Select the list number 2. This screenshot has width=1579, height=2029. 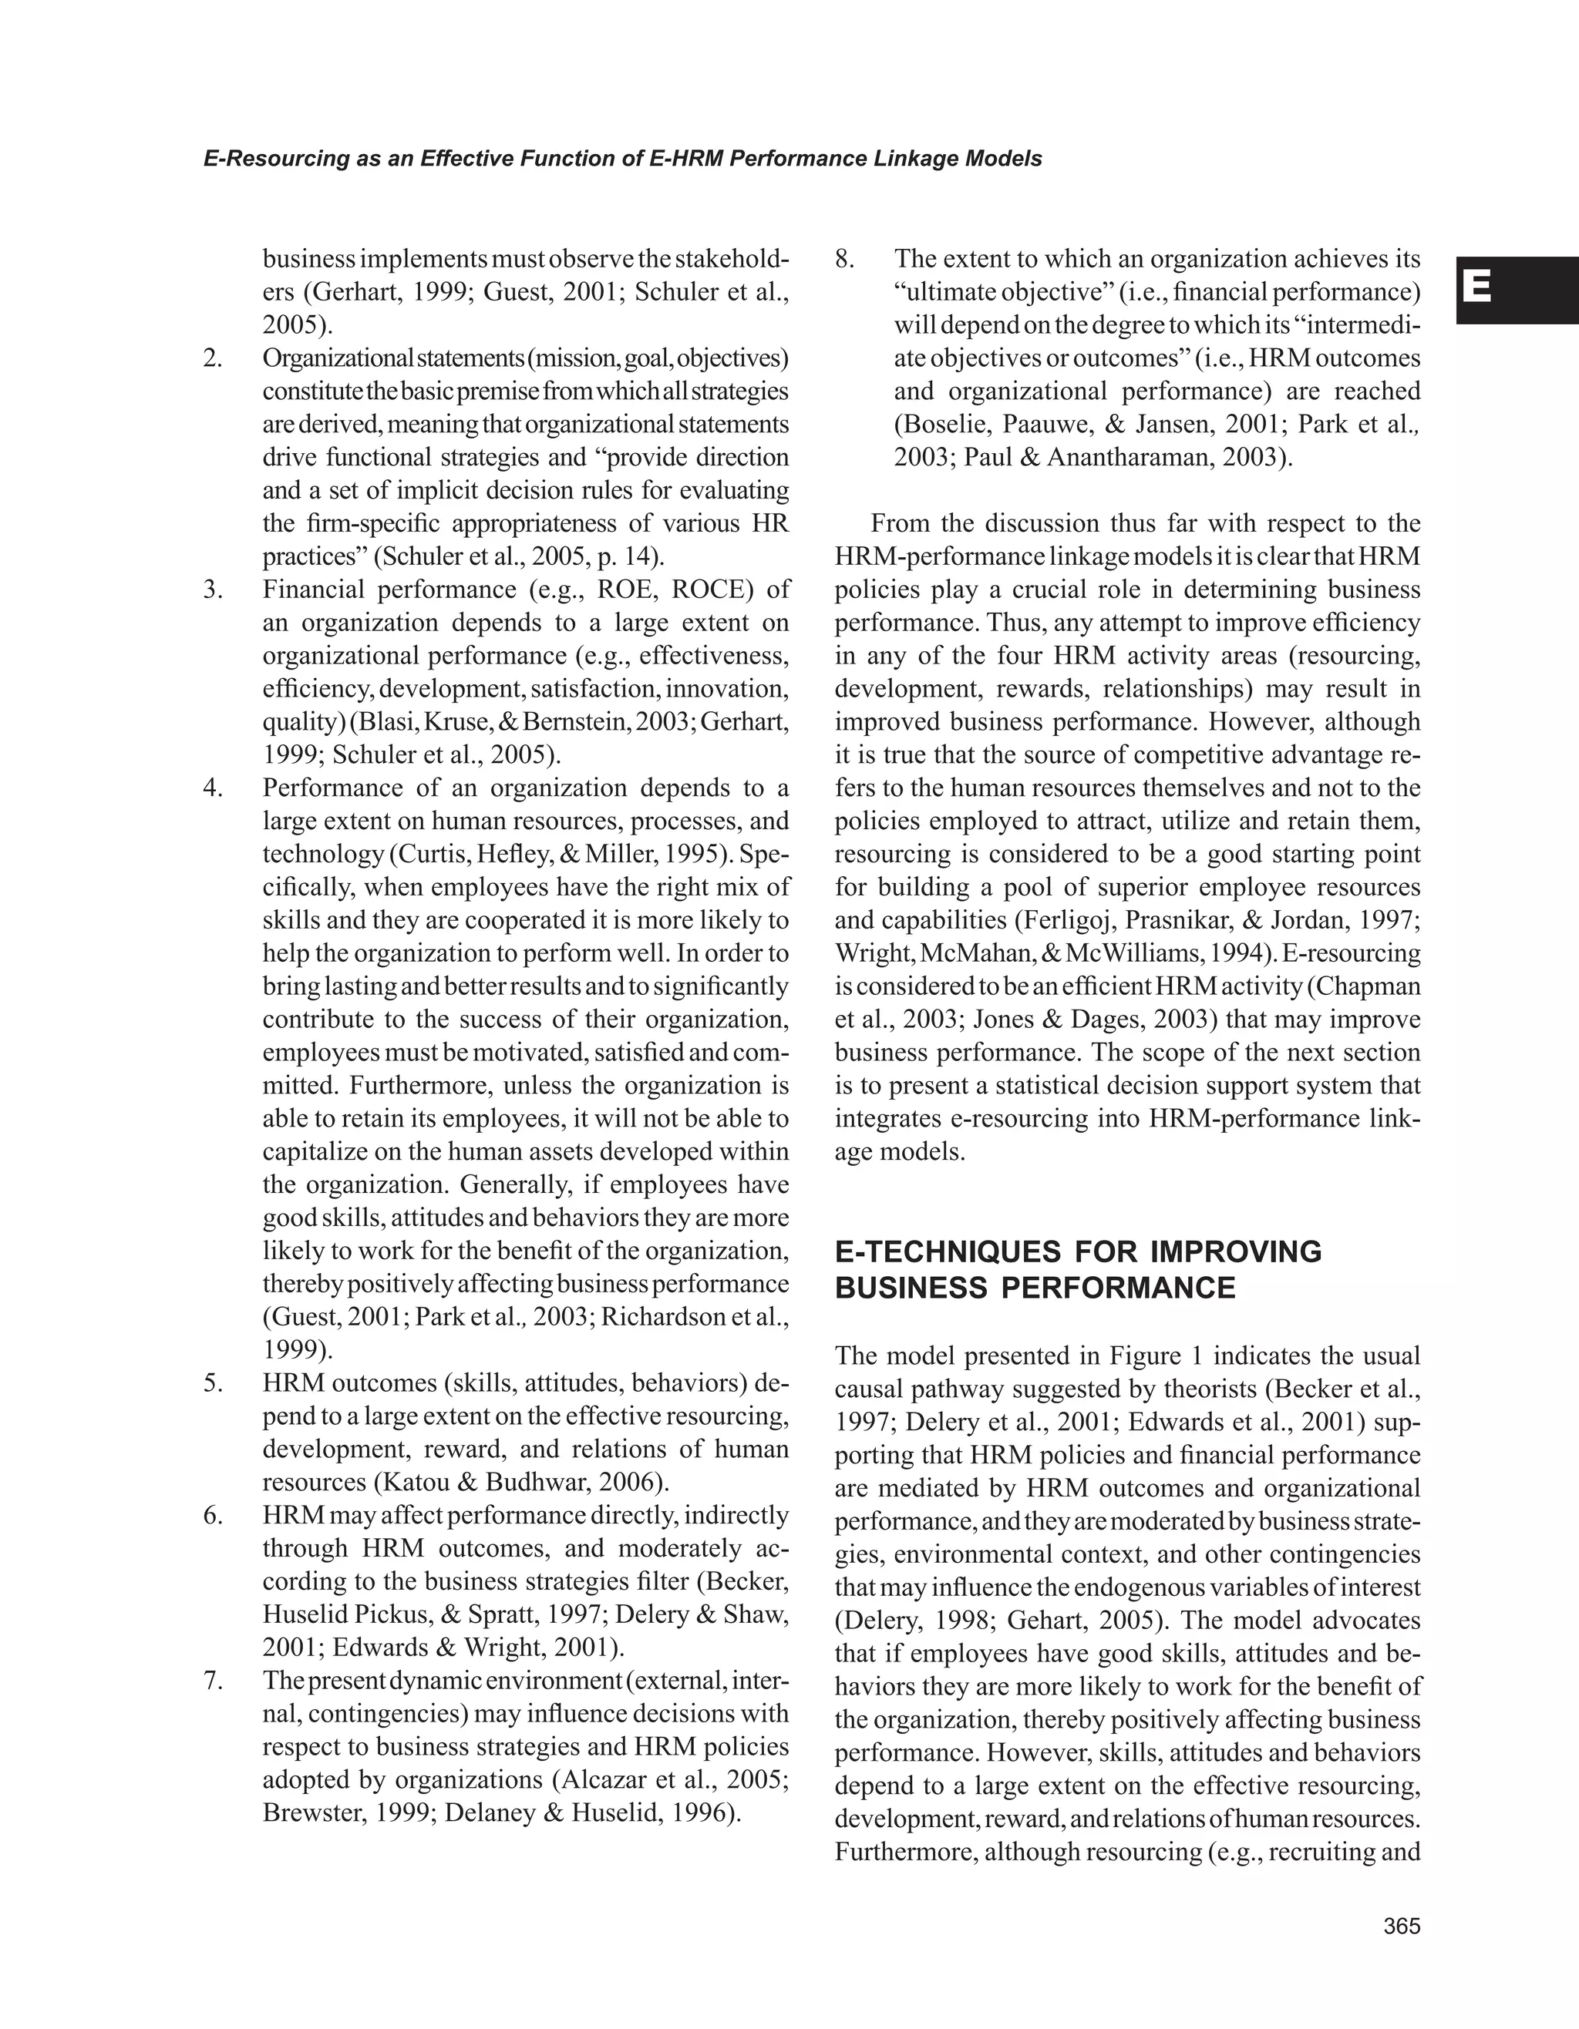tap(213, 358)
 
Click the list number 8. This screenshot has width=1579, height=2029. tap(844, 259)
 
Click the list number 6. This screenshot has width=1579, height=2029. tap(213, 1515)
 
